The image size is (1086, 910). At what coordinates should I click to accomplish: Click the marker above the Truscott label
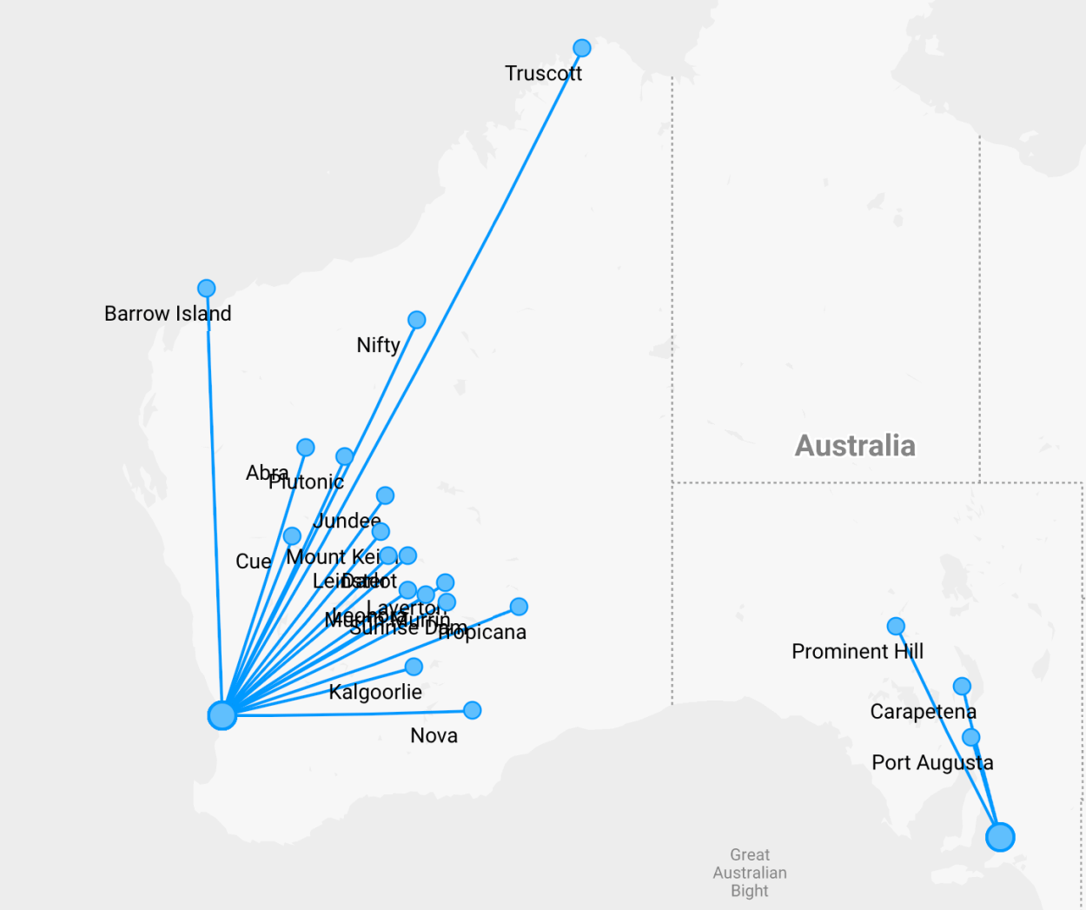[x=582, y=48]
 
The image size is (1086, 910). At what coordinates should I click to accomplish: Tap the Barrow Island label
[x=168, y=314]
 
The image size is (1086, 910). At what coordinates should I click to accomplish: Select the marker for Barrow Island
[x=206, y=288]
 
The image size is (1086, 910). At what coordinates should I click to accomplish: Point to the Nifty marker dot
[x=417, y=320]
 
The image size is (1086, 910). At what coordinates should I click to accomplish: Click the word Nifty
[x=378, y=345]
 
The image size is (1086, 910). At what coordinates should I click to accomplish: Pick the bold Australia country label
[x=855, y=446]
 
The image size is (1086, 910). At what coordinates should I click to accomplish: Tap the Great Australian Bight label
[x=750, y=873]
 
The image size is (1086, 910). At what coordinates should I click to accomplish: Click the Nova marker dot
[x=472, y=710]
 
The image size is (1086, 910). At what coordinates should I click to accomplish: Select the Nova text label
[x=434, y=736]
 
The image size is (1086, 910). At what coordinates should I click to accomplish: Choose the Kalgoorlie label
[x=375, y=692]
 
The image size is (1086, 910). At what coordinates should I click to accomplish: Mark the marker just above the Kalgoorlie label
[x=414, y=667]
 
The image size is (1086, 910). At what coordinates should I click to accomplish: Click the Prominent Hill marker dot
[x=896, y=626]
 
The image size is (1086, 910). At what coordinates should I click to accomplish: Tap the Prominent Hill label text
[x=858, y=652]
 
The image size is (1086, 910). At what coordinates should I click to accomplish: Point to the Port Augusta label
[x=932, y=763]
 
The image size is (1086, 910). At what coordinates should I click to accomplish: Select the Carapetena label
[x=923, y=712]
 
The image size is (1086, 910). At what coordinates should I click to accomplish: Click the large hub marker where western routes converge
[x=222, y=715]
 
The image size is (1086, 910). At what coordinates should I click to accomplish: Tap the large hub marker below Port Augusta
[x=1000, y=837]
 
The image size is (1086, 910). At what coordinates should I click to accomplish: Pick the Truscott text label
[x=543, y=74]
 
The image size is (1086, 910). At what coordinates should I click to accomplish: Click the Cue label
[x=253, y=561]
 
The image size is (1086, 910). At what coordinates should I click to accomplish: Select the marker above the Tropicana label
[x=519, y=607]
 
